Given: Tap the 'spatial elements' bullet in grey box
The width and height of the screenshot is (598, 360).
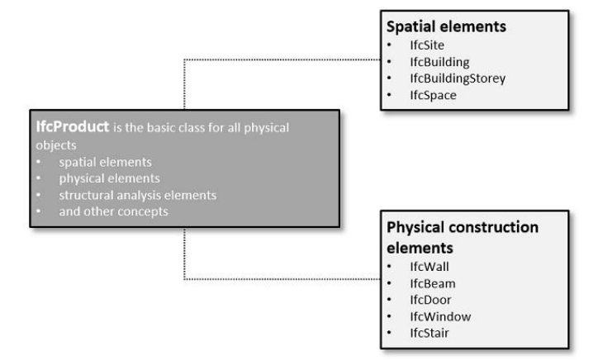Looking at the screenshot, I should [97, 162].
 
